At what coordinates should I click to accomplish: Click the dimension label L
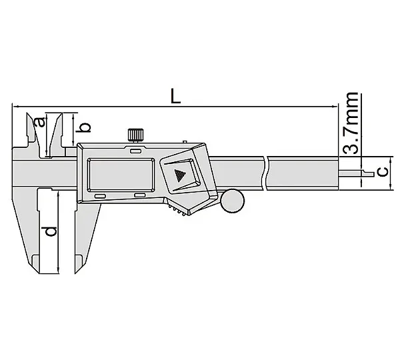tap(175, 96)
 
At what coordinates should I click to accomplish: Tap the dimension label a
tap(41, 122)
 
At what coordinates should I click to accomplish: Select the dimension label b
tap(84, 127)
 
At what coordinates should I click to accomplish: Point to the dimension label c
tap(383, 172)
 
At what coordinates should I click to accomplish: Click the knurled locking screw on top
tap(135, 135)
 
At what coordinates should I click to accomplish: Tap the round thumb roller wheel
tap(233, 201)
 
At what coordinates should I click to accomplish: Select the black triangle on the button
tap(180, 175)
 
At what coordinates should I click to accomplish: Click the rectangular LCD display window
tap(121, 175)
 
